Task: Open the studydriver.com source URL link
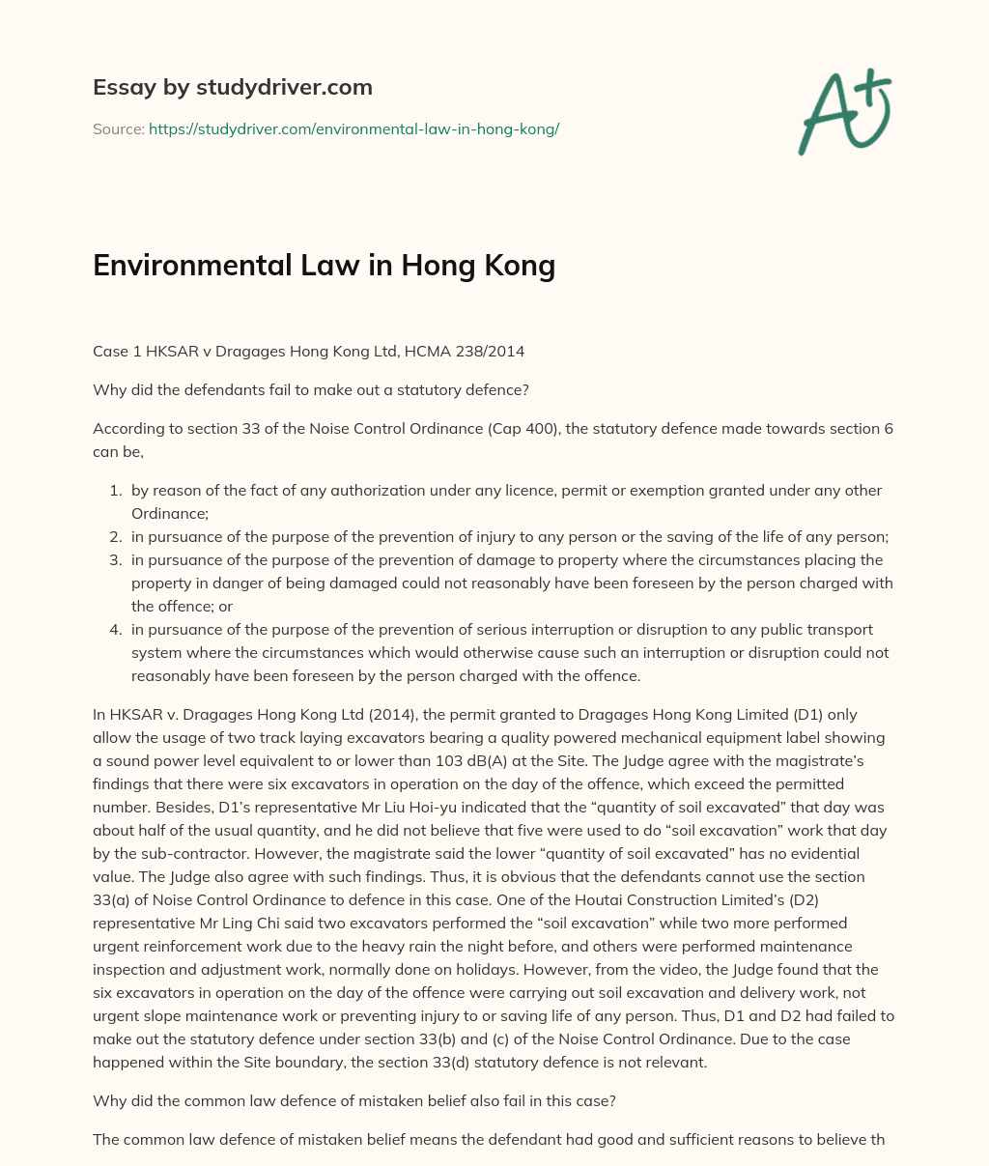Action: [x=353, y=128]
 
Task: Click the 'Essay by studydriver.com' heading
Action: [x=232, y=87]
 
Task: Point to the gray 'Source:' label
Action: [x=119, y=128]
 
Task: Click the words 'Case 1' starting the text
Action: [x=115, y=352]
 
